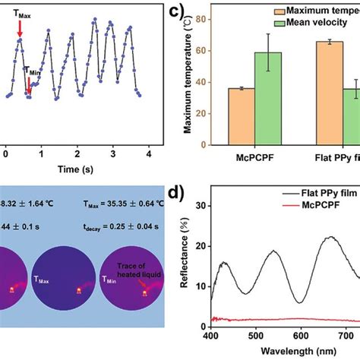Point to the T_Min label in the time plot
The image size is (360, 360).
click(29, 70)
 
